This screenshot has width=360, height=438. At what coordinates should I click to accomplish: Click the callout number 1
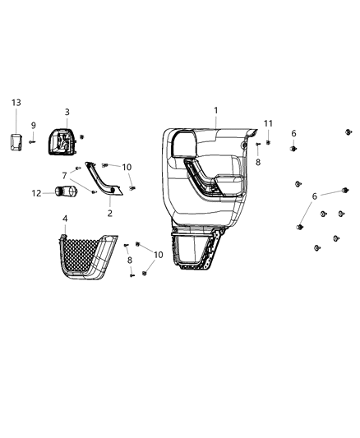[216, 110]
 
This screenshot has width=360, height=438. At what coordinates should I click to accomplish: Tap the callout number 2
[110, 213]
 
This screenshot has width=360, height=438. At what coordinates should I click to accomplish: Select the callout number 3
[67, 112]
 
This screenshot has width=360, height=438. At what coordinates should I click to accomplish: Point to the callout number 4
[65, 219]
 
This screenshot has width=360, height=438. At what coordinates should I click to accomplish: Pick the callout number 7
[65, 175]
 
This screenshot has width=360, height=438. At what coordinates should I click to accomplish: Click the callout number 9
[34, 126]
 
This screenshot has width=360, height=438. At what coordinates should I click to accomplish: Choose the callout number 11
[268, 123]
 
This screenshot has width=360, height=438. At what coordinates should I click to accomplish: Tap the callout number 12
[35, 193]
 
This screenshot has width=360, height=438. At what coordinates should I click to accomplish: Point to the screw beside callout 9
[34, 141]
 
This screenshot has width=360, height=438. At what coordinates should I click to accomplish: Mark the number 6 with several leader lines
[314, 196]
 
